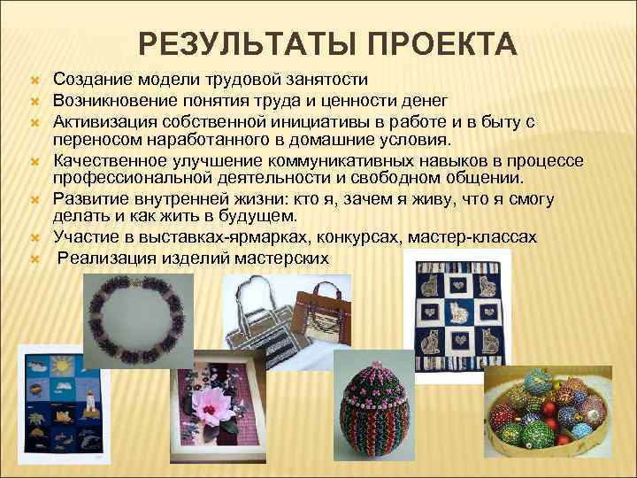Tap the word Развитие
[x=90, y=198]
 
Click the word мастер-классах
[x=478, y=237]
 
